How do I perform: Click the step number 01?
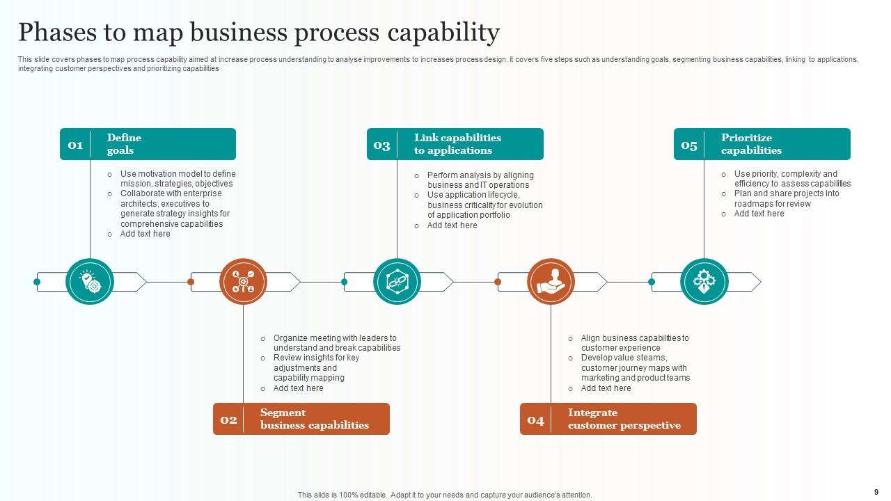pos(75,145)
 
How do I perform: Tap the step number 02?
pos(228,420)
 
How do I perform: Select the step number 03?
pos(381,145)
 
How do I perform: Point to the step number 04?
pos(535,420)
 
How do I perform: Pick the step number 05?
pos(689,145)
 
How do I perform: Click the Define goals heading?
pos(124,144)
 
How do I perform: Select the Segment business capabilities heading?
pos(314,419)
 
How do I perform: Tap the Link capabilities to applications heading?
pos(457,144)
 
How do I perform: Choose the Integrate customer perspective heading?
pos(624,419)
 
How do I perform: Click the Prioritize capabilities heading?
pos(751,144)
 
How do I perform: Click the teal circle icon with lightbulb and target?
pos(90,282)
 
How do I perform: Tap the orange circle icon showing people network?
pos(243,282)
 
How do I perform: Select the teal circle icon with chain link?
pos(397,282)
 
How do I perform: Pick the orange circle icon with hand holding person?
pos(551,282)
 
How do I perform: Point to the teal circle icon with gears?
pos(704,282)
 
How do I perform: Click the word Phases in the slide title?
pos(58,33)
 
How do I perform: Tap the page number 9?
pos(875,491)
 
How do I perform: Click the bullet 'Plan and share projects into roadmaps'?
pos(786,199)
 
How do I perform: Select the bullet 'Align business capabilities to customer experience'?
pos(634,343)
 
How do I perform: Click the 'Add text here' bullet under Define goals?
pos(145,234)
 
